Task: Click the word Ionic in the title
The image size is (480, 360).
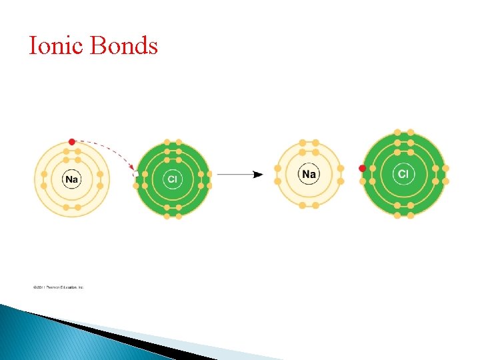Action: (x=57, y=46)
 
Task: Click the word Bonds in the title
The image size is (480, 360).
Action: (x=123, y=46)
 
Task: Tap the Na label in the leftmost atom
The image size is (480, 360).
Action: (x=72, y=179)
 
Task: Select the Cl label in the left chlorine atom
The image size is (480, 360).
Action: (x=173, y=179)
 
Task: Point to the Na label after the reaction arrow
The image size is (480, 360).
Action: (x=309, y=175)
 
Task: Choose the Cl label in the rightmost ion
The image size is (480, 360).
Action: (x=403, y=175)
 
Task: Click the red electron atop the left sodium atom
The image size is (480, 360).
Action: (x=72, y=142)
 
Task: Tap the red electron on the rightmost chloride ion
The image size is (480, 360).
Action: (x=363, y=168)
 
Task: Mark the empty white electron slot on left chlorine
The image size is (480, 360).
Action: (x=137, y=174)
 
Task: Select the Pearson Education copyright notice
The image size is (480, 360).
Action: (x=59, y=287)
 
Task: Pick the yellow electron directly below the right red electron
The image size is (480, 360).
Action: (x=363, y=181)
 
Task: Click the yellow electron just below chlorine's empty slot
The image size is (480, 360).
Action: (x=137, y=186)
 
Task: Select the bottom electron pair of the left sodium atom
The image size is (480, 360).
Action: (x=72, y=207)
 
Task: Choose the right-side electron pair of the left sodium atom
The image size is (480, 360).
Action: (x=100, y=179)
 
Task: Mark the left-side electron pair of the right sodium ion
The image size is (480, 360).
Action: (x=278, y=175)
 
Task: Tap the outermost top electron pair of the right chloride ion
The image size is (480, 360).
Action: (x=403, y=132)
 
